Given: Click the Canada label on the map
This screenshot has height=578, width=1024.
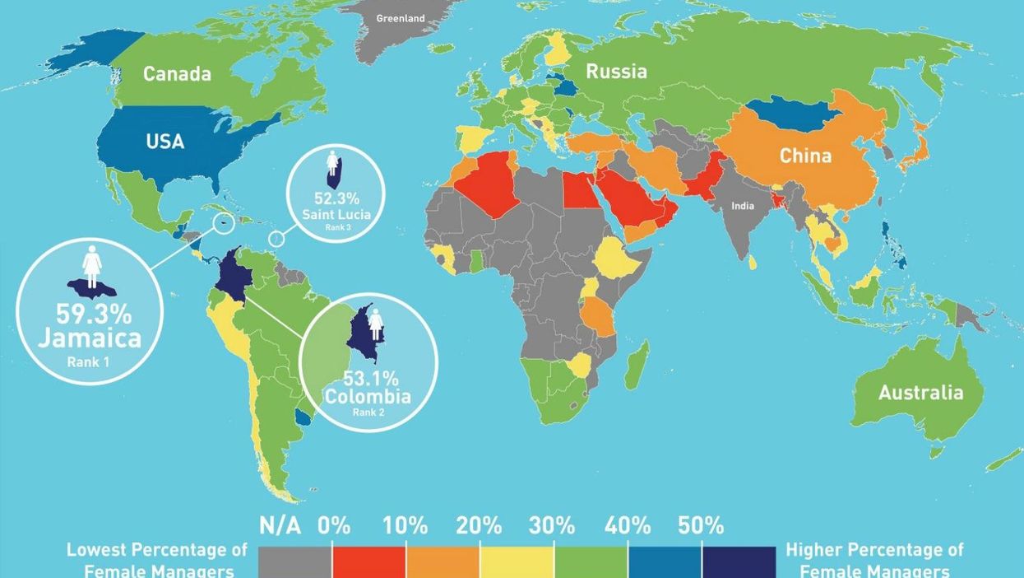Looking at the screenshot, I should pyautogui.click(x=177, y=74).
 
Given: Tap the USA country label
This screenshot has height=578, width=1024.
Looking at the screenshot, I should pyautogui.click(x=164, y=142).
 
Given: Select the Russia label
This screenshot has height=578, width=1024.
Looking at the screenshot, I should pyautogui.click(x=616, y=72).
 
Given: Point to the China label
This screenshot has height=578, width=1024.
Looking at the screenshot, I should pyautogui.click(x=805, y=156).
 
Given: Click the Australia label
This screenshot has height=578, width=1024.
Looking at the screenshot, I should pyautogui.click(x=920, y=393).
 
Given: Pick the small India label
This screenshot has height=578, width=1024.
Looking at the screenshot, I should pyautogui.click(x=743, y=206).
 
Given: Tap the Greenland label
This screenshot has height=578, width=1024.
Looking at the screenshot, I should pyautogui.click(x=401, y=18).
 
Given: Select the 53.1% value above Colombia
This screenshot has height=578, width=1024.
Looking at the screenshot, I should pyautogui.click(x=371, y=379).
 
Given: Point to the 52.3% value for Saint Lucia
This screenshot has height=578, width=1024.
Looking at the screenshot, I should pyautogui.click(x=336, y=198).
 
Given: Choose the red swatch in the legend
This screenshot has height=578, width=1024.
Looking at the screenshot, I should pyautogui.click(x=368, y=562).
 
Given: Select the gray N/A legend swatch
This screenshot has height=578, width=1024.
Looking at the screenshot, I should pyautogui.click(x=294, y=562).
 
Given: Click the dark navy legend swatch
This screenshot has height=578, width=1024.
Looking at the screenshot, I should pyautogui.click(x=739, y=562).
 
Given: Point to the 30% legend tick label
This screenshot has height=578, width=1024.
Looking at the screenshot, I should pyautogui.click(x=553, y=525).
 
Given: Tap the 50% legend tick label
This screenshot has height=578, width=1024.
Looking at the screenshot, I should pyautogui.click(x=701, y=525).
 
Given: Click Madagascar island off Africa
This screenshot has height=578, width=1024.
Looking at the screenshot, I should pyautogui.click(x=636, y=366).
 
